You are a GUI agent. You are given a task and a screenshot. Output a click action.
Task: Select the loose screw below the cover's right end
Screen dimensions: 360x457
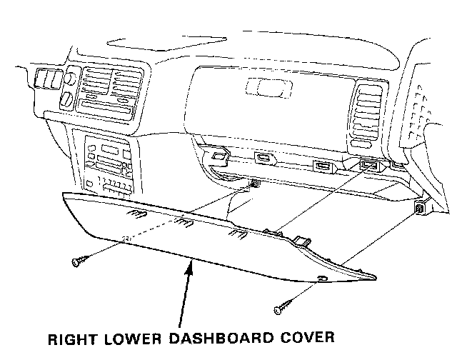pyautogui.click(x=281, y=309)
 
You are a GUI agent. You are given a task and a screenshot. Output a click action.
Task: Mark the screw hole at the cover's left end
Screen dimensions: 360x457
pyautogui.click(x=126, y=239)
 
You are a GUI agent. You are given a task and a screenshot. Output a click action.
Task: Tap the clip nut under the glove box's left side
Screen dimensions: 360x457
pyautogui.click(x=254, y=186)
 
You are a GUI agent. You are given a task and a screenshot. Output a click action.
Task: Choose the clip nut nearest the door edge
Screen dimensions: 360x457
pyautogui.click(x=420, y=209)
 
